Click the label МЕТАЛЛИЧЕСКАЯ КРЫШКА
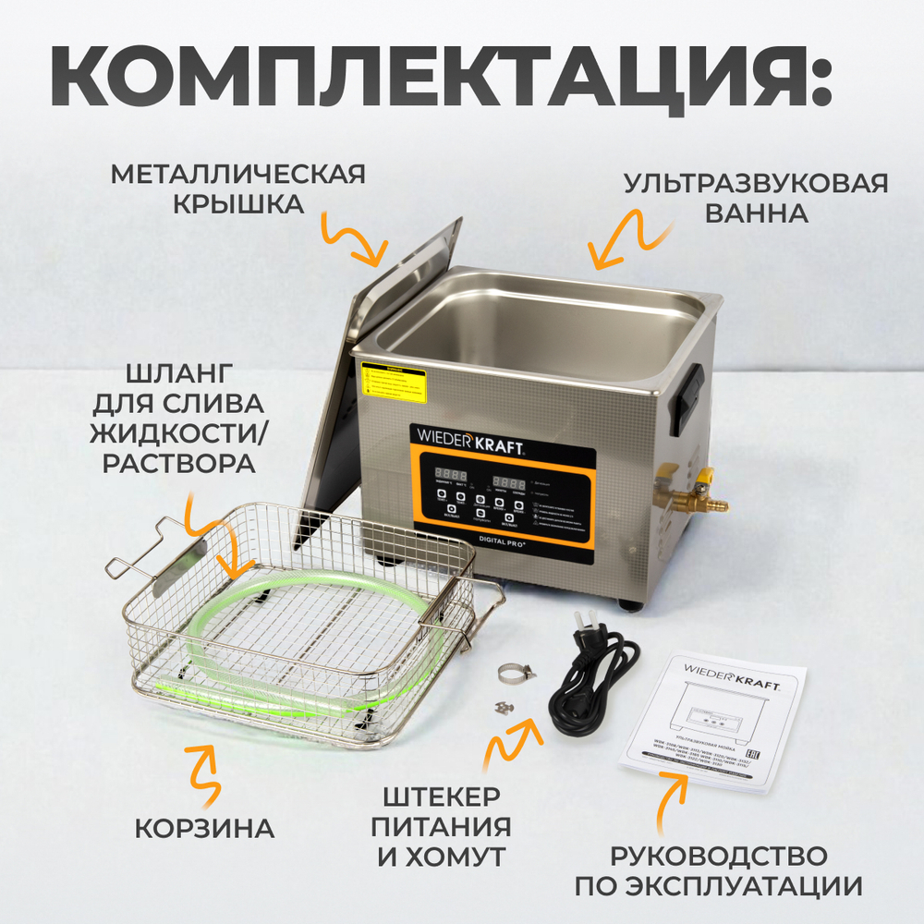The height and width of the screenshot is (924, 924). pos(238,188)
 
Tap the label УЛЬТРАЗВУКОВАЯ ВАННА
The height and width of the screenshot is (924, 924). pos(756,197)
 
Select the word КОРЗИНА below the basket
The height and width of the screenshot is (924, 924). pos(205,828)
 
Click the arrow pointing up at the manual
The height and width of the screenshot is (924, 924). pos(672,800)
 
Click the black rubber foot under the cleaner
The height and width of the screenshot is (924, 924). pos(631,604)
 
